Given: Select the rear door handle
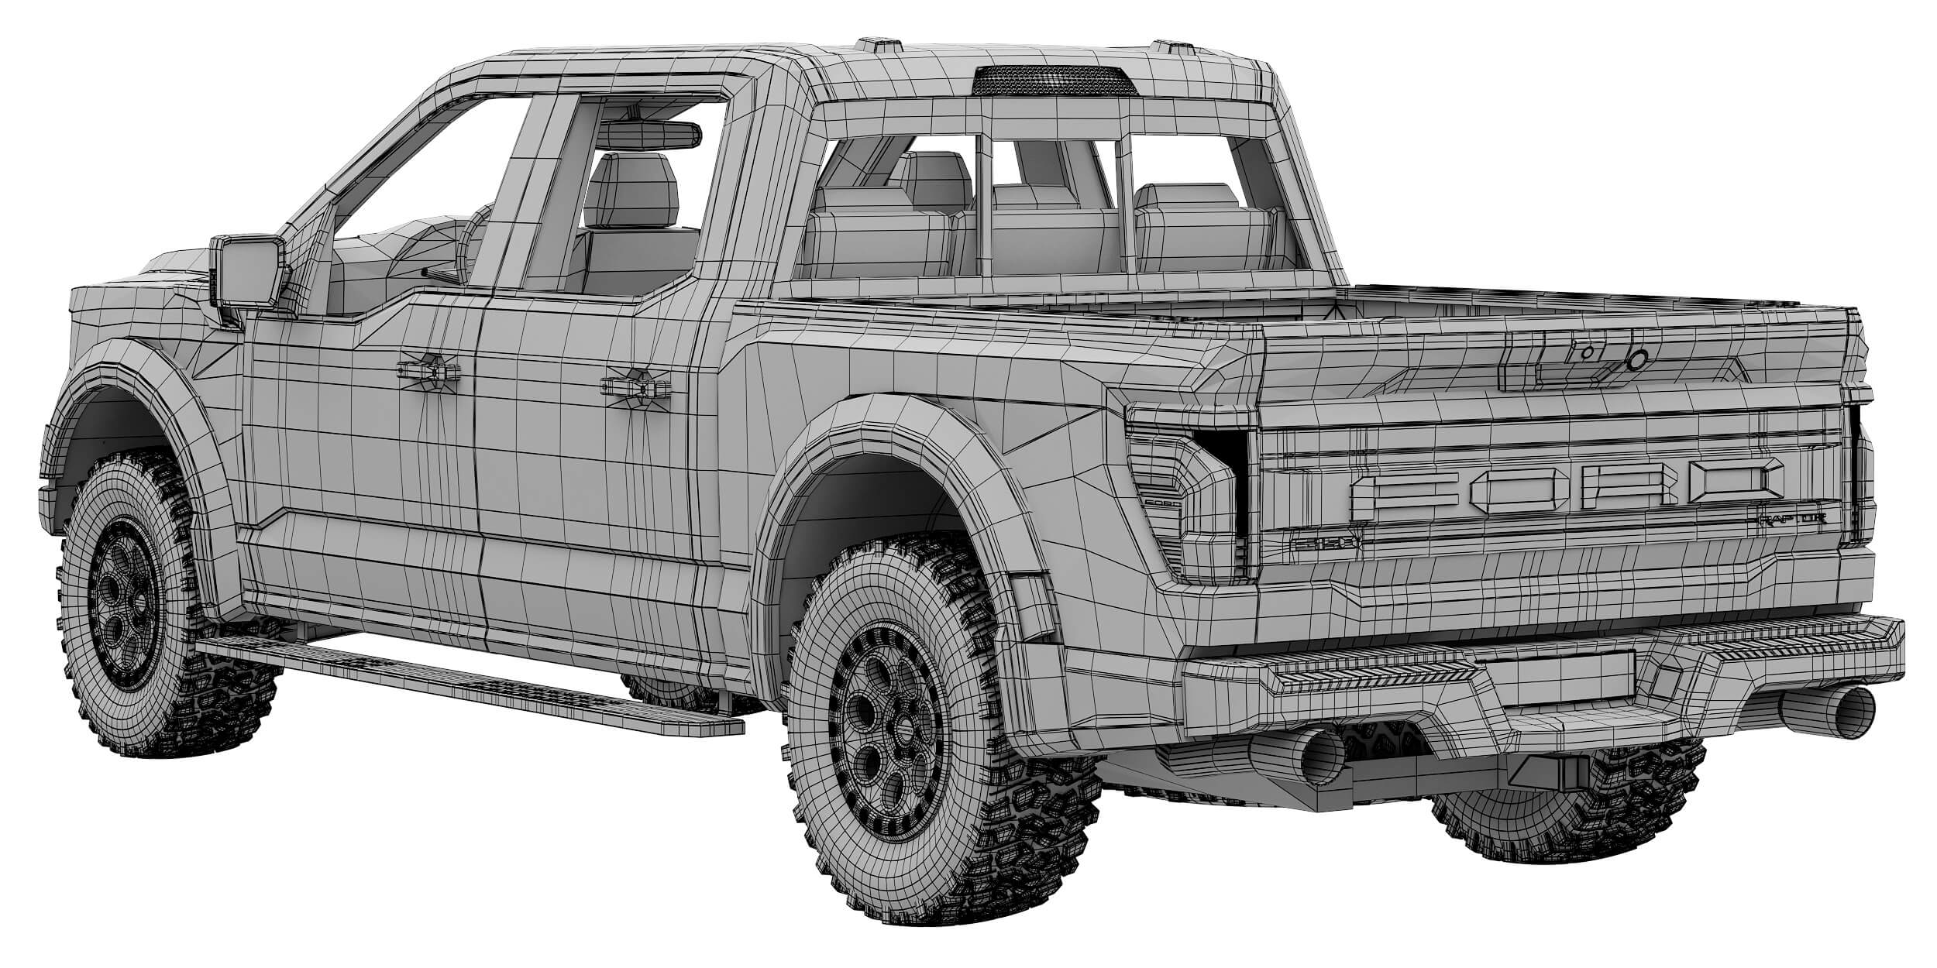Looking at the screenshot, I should click(636, 384).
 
